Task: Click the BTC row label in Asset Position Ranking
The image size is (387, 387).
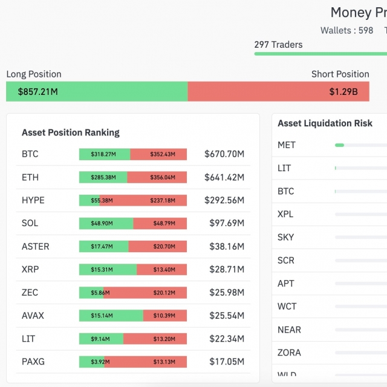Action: [30, 154]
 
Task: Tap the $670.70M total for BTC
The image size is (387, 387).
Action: [224, 154]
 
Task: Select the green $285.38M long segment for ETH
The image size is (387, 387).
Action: [103, 177]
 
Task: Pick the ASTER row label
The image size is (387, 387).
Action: [35, 247]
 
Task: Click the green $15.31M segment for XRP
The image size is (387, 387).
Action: [108, 270]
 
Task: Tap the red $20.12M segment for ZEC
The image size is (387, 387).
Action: [145, 293]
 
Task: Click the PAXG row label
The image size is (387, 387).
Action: [33, 362]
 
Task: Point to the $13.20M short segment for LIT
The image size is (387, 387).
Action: [155, 339]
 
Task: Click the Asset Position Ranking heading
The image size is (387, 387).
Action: [71, 132]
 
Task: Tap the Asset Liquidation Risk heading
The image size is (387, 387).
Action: [325, 123]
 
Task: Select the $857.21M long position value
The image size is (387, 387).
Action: [37, 92]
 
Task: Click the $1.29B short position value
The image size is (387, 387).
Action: [343, 92]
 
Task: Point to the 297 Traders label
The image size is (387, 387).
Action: [278, 44]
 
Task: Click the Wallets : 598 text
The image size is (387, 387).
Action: [346, 30]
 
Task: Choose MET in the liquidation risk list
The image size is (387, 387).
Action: [287, 145]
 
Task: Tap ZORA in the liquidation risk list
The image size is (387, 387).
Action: [289, 353]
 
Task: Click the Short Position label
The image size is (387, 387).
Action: [340, 74]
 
